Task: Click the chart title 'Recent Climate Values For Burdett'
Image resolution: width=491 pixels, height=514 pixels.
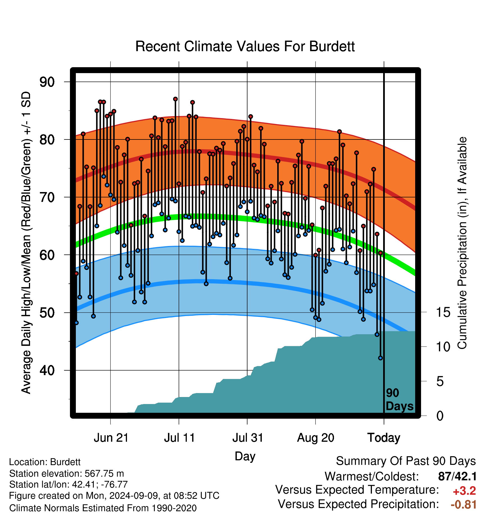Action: pos(245,46)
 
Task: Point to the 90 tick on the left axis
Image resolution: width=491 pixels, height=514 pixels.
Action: pos(47,82)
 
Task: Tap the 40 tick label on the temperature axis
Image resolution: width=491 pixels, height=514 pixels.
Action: pos(47,370)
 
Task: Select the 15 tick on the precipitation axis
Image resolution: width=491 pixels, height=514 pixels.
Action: pos(443,312)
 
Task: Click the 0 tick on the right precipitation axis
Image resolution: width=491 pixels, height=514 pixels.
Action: pos(440,416)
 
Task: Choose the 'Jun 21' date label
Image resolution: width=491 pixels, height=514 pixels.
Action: pos(111,438)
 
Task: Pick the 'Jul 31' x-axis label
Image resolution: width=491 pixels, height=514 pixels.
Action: pos(248,438)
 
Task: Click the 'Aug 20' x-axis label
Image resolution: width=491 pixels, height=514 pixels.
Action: pos(316,438)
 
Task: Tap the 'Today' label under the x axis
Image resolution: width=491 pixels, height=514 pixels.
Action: pos(384,438)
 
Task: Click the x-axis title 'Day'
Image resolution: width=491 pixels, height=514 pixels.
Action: pos(245,456)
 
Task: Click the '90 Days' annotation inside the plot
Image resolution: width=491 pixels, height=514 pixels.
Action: pos(399,400)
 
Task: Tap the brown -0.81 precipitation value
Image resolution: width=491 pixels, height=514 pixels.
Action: pos(464,504)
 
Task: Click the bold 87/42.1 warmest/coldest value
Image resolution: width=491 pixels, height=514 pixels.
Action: pos(457,476)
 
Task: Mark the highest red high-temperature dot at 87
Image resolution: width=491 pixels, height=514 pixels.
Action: pos(175,99)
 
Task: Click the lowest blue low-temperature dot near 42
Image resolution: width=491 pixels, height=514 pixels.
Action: pos(381,358)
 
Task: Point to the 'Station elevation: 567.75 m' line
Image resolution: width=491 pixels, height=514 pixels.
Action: pos(67,474)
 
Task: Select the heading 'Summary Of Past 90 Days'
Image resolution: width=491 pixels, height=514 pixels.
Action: pos(406,461)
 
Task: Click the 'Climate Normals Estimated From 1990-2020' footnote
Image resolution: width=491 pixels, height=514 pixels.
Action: pos(103,508)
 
